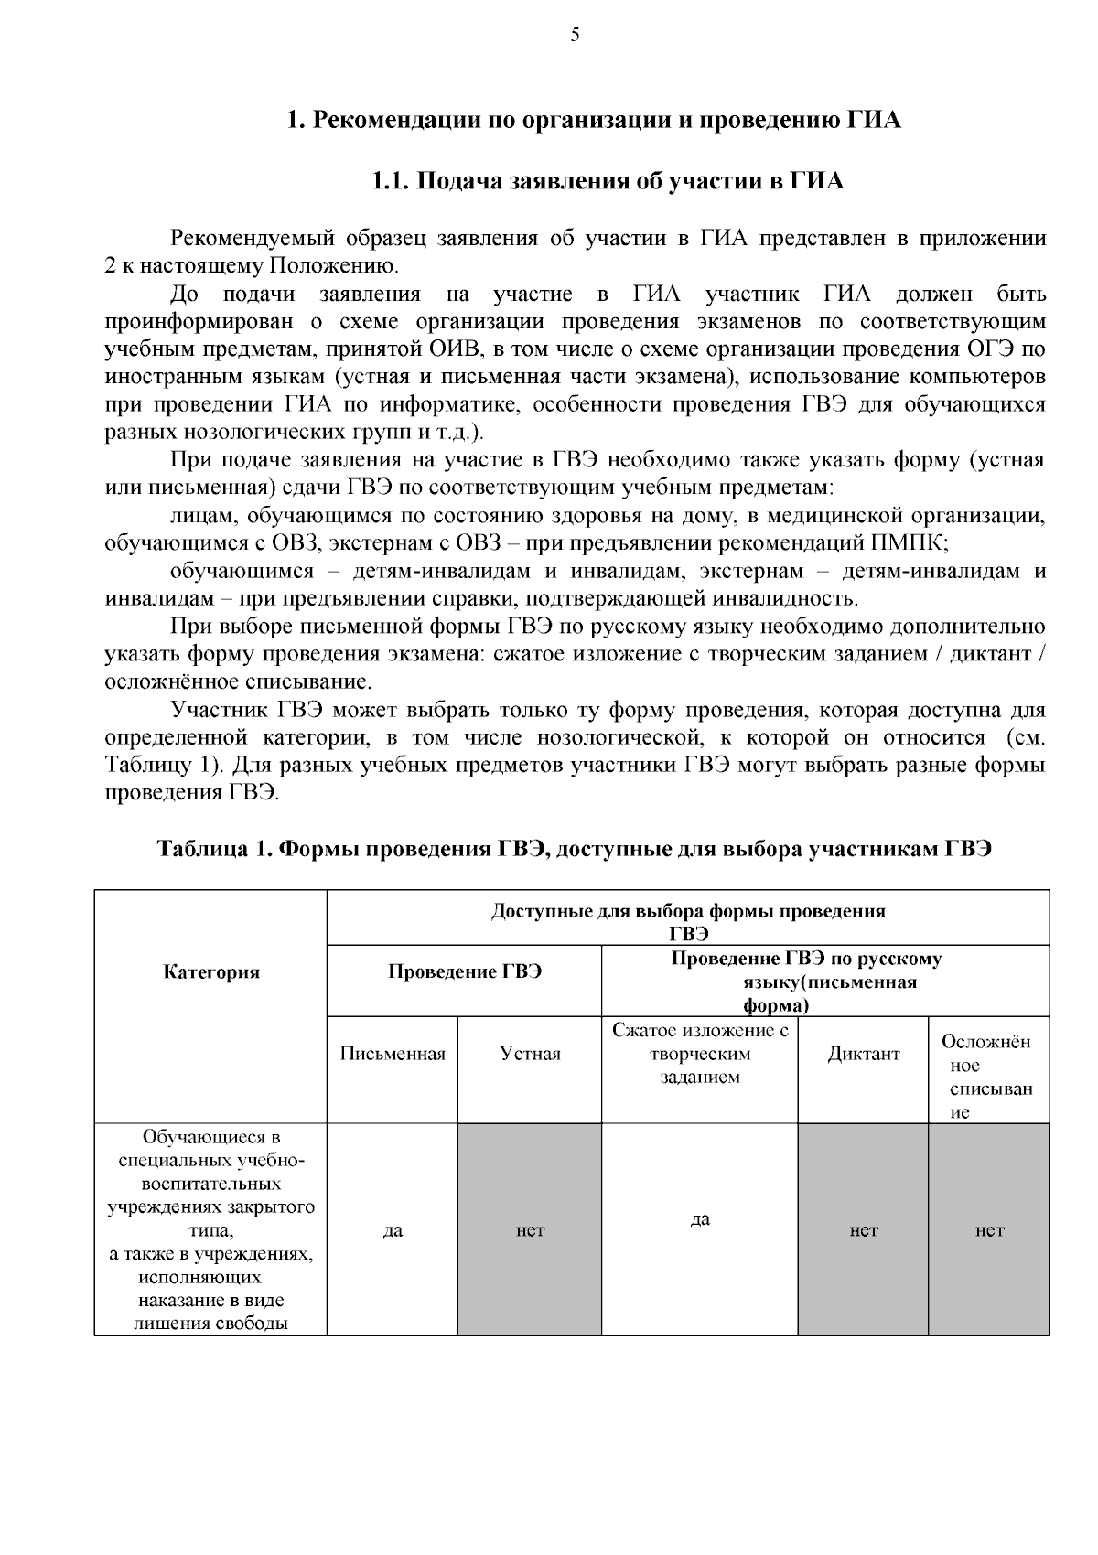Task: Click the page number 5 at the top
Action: tap(575, 36)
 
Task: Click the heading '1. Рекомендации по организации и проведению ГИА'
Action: tap(594, 120)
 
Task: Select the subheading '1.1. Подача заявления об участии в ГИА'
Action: tap(607, 181)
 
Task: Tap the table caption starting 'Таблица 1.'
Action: tap(576, 848)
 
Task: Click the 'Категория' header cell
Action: tap(211, 972)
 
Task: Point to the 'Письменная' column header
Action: tap(393, 1054)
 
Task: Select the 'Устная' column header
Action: tap(530, 1054)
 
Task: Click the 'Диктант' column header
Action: tap(864, 1054)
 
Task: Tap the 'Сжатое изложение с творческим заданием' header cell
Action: tap(700, 1054)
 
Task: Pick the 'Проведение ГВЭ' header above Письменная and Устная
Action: tap(465, 972)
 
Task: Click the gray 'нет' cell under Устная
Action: tap(530, 1230)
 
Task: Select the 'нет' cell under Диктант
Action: tap(864, 1230)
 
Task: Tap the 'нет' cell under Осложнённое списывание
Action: tap(989, 1230)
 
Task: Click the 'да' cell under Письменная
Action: tap(393, 1230)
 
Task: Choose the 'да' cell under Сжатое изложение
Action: tap(700, 1219)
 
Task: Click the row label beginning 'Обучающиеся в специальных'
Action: tap(211, 1230)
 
